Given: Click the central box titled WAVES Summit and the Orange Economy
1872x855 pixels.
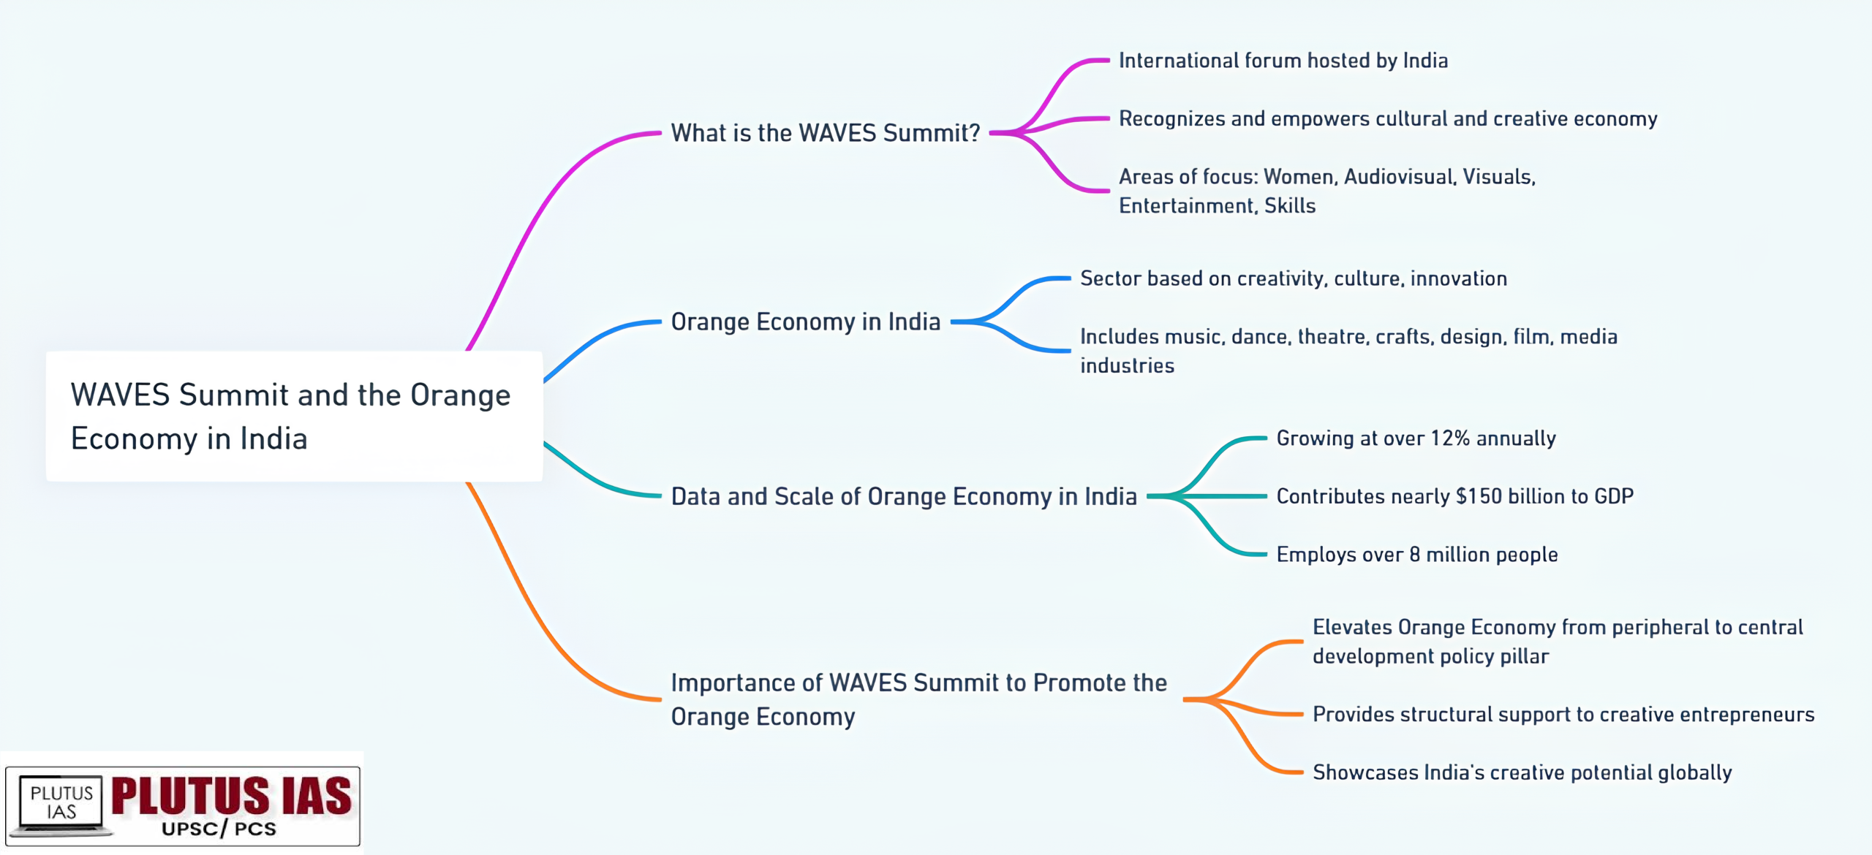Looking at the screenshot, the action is pyautogui.click(x=294, y=416).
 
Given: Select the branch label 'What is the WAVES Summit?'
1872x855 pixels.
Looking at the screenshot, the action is pyautogui.click(x=825, y=133).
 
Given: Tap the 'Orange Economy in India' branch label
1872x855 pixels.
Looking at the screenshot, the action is pyautogui.click(x=805, y=322).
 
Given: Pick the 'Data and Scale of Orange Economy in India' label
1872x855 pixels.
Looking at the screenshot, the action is pyautogui.click(x=904, y=497).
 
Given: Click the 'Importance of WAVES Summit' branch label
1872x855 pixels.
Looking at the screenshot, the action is pyautogui.click(x=919, y=699).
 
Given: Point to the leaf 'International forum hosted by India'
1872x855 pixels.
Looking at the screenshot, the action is pyautogui.click(x=1283, y=61).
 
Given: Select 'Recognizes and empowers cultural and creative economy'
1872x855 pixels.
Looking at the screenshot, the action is pyautogui.click(x=1388, y=119).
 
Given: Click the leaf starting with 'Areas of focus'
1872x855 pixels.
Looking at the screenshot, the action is pyautogui.click(x=1327, y=191).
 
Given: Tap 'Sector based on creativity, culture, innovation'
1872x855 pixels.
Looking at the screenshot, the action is pyautogui.click(x=1294, y=278).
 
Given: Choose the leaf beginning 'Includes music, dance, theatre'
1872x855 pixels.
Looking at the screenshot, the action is pyautogui.click(x=1348, y=351).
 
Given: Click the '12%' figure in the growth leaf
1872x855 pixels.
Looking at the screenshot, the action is pyautogui.click(x=1449, y=438).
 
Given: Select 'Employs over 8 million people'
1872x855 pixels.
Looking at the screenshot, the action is pyautogui.click(x=1417, y=555).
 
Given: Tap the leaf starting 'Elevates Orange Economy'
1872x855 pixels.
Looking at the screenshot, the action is pyautogui.click(x=1558, y=642).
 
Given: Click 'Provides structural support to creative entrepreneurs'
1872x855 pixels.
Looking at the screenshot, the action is pyautogui.click(x=1563, y=714).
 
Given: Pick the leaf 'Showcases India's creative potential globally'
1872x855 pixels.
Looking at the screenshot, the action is pyautogui.click(x=1522, y=772).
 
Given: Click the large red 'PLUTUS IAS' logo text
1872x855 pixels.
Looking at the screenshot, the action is pyautogui.click(x=232, y=796).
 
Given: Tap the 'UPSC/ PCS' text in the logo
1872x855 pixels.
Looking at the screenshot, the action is pyautogui.click(x=219, y=829).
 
